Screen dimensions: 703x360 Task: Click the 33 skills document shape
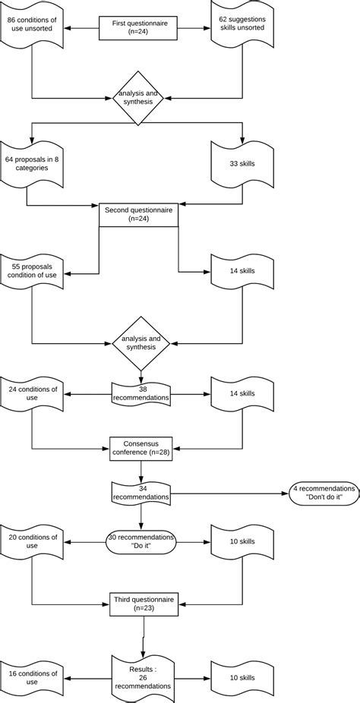[x=242, y=163]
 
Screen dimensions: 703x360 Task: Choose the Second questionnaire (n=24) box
[x=138, y=216]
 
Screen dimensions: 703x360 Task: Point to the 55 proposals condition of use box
[x=31, y=273]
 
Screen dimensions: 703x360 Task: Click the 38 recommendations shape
[x=141, y=393]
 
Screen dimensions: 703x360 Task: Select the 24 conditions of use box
[x=31, y=393]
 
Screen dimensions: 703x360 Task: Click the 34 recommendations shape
[x=141, y=493]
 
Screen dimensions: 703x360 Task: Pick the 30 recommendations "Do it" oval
[x=141, y=541]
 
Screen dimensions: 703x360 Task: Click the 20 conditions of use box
[x=31, y=541]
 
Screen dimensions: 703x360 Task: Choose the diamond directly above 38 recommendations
[x=141, y=342]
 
